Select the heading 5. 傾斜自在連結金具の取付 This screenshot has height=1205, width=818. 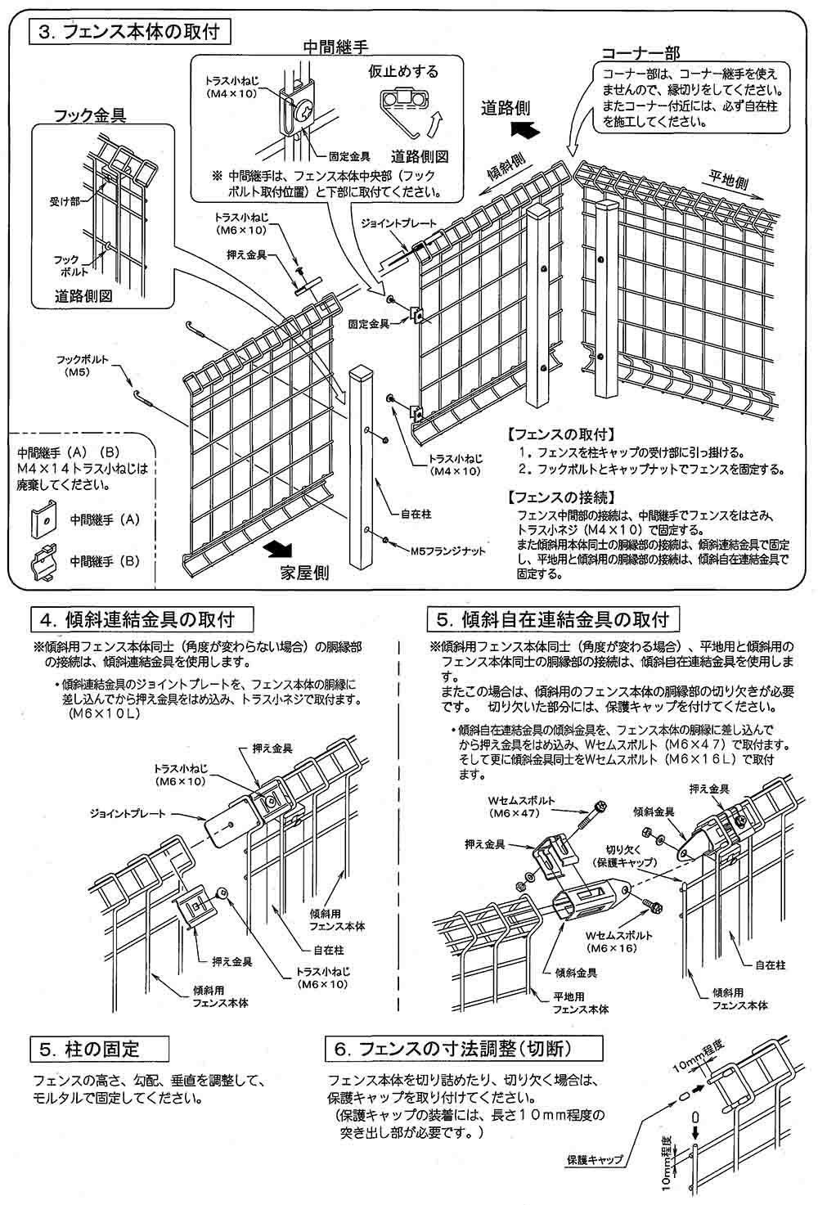point(553,618)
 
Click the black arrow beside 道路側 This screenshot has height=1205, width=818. point(521,129)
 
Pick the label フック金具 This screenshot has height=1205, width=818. point(90,115)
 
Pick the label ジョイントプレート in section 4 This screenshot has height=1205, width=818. point(131,814)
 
